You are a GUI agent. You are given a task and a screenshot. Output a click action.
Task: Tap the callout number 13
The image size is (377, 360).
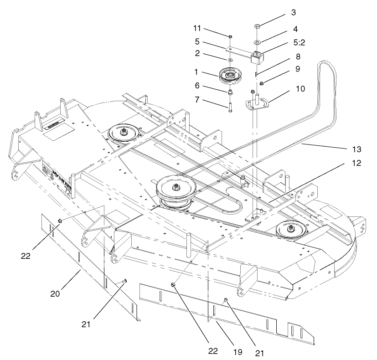point(356,149)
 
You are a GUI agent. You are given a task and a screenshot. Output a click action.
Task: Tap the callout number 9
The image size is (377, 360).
point(296,69)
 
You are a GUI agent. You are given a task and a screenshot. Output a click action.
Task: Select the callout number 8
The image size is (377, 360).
point(297,58)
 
